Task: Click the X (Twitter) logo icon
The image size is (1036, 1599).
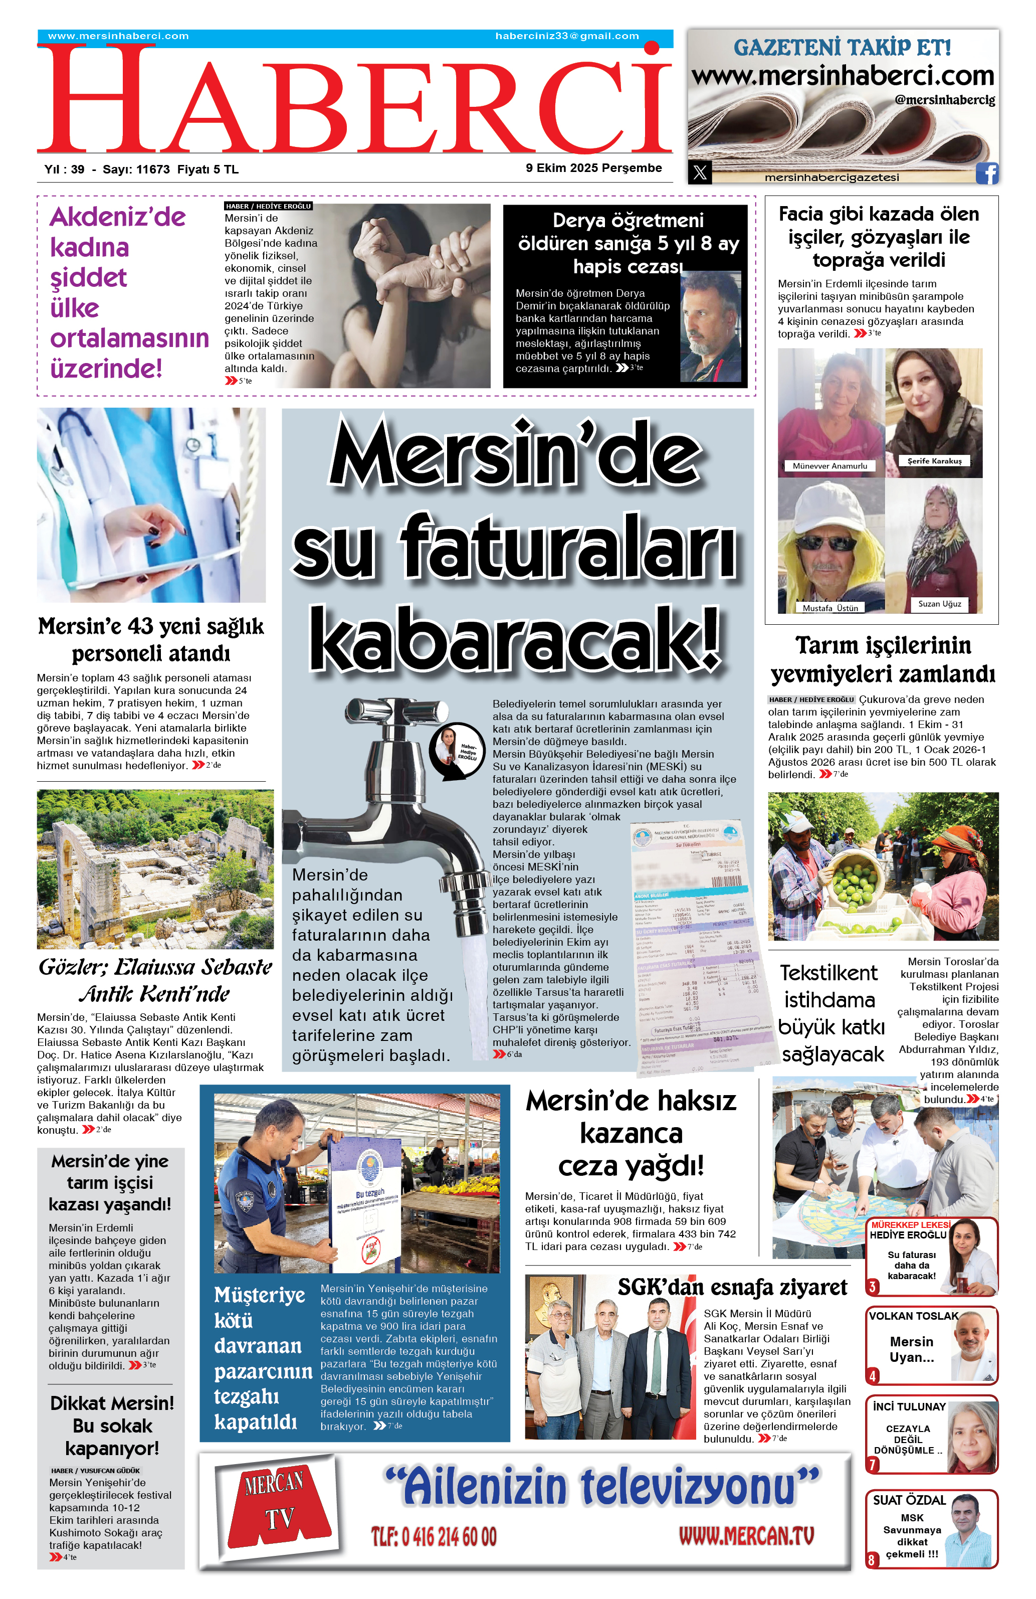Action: [x=700, y=172]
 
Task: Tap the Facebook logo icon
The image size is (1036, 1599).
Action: [x=986, y=173]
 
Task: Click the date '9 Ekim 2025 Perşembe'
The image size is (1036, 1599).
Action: [x=593, y=168]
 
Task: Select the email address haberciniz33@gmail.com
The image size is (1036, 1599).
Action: [x=567, y=36]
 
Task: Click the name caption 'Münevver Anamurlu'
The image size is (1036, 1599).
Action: [x=830, y=466]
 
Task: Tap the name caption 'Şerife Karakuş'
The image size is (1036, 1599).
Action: [x=934, y=461]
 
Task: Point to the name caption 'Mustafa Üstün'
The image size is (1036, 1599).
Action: [x=830, y=608]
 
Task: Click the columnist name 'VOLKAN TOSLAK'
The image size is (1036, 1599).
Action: [x=913, y=1316]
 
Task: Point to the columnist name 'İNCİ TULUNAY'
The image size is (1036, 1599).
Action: [x=909, y=1406]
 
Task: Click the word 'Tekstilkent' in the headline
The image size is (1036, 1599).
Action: [x=828, y=973]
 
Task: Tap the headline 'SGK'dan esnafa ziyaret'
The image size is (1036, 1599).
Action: [x=732, y=1287]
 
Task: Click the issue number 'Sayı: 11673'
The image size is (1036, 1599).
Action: [x=136, y=169]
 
